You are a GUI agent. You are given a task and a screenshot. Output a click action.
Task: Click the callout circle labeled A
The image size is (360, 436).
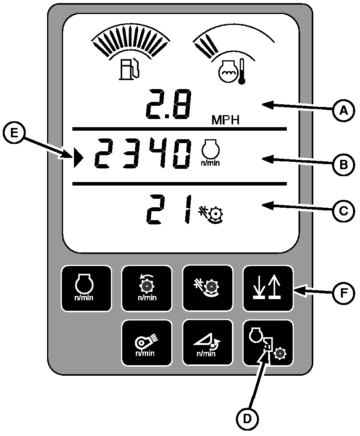coord(342,111)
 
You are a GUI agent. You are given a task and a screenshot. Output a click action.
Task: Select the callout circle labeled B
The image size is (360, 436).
coord(342,165)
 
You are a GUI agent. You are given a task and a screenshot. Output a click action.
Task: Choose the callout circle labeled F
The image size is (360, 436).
coord(342,293)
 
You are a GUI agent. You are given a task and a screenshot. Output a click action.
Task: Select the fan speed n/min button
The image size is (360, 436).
coord(147,343)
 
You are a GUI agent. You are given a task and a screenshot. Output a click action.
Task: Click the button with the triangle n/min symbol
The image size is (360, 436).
coord(207,343)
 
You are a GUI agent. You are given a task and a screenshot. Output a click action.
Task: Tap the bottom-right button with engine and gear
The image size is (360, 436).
coord(268,343)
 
